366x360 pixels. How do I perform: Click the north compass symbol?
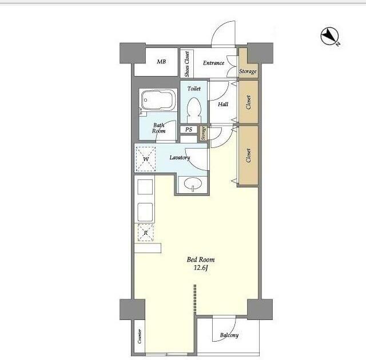(x=329, y=36)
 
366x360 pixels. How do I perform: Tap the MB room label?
(x=161, y=62)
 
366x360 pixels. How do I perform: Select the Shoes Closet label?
(x=187, y=64)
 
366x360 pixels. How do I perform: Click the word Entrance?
(x=213, y=63)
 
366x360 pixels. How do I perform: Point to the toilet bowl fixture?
(x=194, y=109)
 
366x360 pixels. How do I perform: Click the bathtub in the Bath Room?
(x=158, y=100)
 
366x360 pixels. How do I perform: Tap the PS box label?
(x=189, y=129)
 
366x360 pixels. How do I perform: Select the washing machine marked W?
(x=146, y=159)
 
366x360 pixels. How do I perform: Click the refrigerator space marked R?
(x=146, y=233)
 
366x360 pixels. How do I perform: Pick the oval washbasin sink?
(x=193, y=183)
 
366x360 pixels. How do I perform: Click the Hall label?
(x=223, y=104)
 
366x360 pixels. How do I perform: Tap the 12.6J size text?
(x=201, y=267)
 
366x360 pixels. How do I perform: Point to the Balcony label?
(x=229, y=335)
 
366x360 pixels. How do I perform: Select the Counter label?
(x=140, y=336)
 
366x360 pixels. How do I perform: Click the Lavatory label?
(x=180, y=158)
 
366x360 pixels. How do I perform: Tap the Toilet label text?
(x=194, y=89)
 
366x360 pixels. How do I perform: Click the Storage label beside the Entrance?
(x=248, y=71)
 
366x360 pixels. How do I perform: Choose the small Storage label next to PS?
(x=204, y=133)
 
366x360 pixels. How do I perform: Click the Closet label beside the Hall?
(x=248, y=102)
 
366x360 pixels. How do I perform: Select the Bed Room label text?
(x=201, y=259)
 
